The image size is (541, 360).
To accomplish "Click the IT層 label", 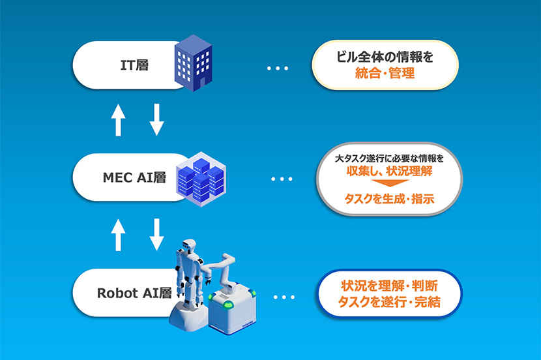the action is [134, 65].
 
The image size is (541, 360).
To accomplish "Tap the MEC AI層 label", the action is [134, 177].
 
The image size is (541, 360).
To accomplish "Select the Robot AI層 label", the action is [134, 293].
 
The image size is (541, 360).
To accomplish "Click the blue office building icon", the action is [193, 63].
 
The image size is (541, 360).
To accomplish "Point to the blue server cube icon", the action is [201, 179].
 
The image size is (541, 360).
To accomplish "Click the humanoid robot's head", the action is [189, 245].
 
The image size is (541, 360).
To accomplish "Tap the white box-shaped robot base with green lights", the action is [232, 308].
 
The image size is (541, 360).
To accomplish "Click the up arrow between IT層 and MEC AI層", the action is [118, 120].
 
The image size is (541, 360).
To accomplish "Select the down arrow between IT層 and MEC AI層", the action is [156, 120].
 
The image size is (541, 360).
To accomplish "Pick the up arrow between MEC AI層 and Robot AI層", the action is [118, 235].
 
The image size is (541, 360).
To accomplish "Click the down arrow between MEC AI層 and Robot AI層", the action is [156, 235].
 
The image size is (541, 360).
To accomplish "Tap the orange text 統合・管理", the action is [385, 73].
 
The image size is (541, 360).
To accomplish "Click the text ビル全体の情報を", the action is [385, 57].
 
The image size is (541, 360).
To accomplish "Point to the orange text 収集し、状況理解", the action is [389, 172].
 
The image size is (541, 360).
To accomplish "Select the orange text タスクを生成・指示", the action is [389, 199].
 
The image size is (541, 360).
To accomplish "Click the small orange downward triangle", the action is [390, 183].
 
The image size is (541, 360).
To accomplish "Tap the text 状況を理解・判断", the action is [390, 286].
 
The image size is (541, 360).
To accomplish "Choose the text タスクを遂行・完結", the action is [389, 302].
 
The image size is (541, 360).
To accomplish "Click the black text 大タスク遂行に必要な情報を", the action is [389, 158].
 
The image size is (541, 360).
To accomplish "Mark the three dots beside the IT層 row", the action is [278, 68].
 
